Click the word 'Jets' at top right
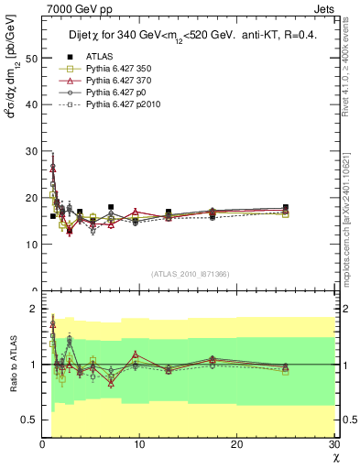point(325,8)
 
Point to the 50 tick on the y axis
point(30,58)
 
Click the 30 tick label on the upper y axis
point(30,151)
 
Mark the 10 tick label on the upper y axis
point(30,245)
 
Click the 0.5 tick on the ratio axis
point(27,420)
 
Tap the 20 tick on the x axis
point(236,445)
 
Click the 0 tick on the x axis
point(42,445)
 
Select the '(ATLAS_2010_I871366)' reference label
point(190,274)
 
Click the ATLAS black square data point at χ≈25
point(286,208)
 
